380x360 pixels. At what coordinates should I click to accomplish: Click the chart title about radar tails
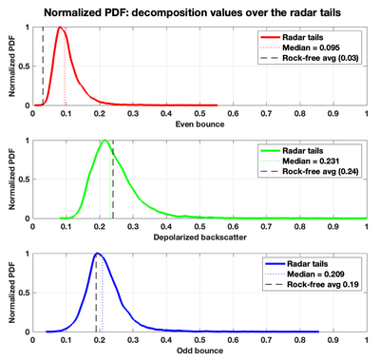pos(192,12)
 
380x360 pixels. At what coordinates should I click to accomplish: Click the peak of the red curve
pos(60,27)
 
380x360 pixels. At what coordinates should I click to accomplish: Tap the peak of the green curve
pos(104,141)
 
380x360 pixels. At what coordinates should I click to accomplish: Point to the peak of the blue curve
pos(97,253)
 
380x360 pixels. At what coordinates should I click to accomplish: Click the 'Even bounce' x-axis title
pos(199,124)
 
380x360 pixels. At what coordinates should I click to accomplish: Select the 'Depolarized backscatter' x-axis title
pos(199,237)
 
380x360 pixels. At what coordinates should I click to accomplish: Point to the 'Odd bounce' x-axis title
pos(199,351)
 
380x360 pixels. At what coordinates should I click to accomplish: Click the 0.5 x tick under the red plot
pos(199,113)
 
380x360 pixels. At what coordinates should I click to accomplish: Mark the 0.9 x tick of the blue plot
pos(333,340)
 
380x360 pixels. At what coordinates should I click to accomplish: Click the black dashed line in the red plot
pos(43,66)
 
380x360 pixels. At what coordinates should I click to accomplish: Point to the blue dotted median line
pos(103,295)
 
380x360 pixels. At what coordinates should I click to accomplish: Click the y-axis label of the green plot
pos(12,180)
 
